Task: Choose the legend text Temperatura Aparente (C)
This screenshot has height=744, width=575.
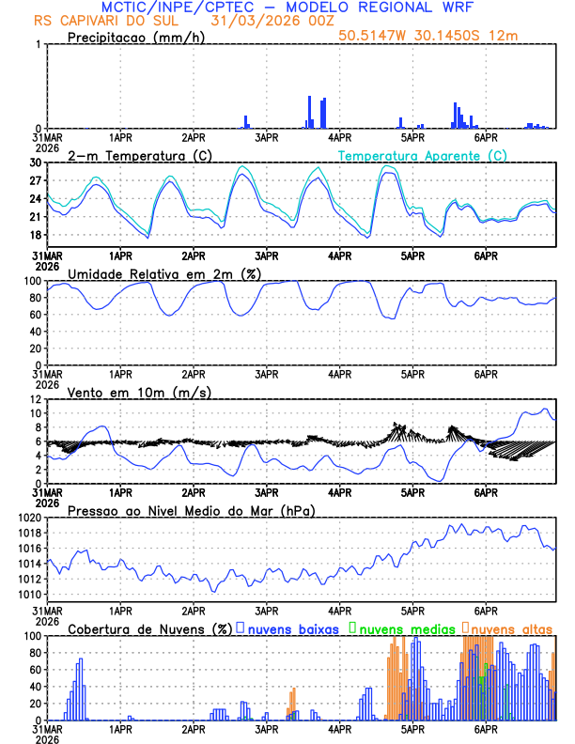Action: [x=422, y=155]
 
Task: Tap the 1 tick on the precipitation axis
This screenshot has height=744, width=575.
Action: [x=39, y=44]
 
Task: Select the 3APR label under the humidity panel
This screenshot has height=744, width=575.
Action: [x=266, y=374]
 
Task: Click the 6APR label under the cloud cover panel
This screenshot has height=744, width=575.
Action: [x=486, y=729]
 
